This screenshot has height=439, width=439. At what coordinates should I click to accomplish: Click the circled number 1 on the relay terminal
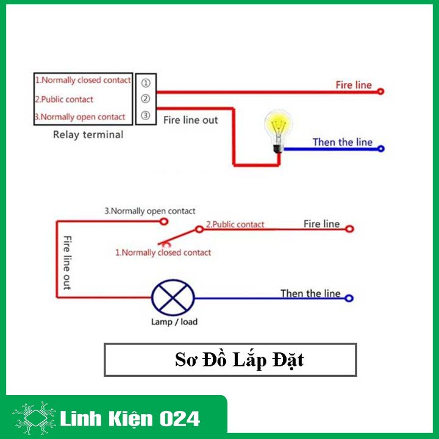tap(146, 83)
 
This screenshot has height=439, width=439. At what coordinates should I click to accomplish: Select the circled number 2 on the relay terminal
tap(145, 99)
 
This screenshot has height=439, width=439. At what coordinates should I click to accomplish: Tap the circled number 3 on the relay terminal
tap(145, 115)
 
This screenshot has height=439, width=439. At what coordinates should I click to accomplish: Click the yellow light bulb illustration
tap(278, 131)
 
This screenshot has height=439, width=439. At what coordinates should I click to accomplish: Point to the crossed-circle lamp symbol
tap(173, 298)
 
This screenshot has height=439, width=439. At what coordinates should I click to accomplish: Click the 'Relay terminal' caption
tap(88, 135)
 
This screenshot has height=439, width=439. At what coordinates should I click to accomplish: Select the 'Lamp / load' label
tap(174, 322)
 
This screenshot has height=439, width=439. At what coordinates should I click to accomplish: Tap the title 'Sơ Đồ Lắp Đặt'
tap(239, 360)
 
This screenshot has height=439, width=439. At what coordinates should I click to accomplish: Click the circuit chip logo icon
tap(34, 418)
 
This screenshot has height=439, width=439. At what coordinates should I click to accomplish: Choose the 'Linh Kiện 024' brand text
tap(130, 419)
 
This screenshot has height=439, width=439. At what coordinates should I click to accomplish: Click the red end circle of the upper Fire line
tap(380, 91)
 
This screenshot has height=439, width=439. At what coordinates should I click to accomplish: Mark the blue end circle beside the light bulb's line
tap(381, 149)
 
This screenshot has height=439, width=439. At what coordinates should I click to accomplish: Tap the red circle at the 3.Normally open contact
tap(164, 222)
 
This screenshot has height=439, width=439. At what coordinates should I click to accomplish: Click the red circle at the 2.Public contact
tap(199, 229)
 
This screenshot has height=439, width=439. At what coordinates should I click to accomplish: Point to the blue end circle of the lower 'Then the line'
tap(349, 298)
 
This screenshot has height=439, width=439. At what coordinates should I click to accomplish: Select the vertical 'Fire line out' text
tap(67, 263)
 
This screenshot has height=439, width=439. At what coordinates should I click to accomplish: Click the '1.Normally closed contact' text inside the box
tap(83, 80)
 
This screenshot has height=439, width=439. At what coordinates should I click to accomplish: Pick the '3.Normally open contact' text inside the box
tap(80, 116)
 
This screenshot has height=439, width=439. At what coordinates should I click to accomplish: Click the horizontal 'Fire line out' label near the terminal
tap(190, 120)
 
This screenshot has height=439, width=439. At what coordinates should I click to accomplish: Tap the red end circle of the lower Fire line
tap(349, 229)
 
